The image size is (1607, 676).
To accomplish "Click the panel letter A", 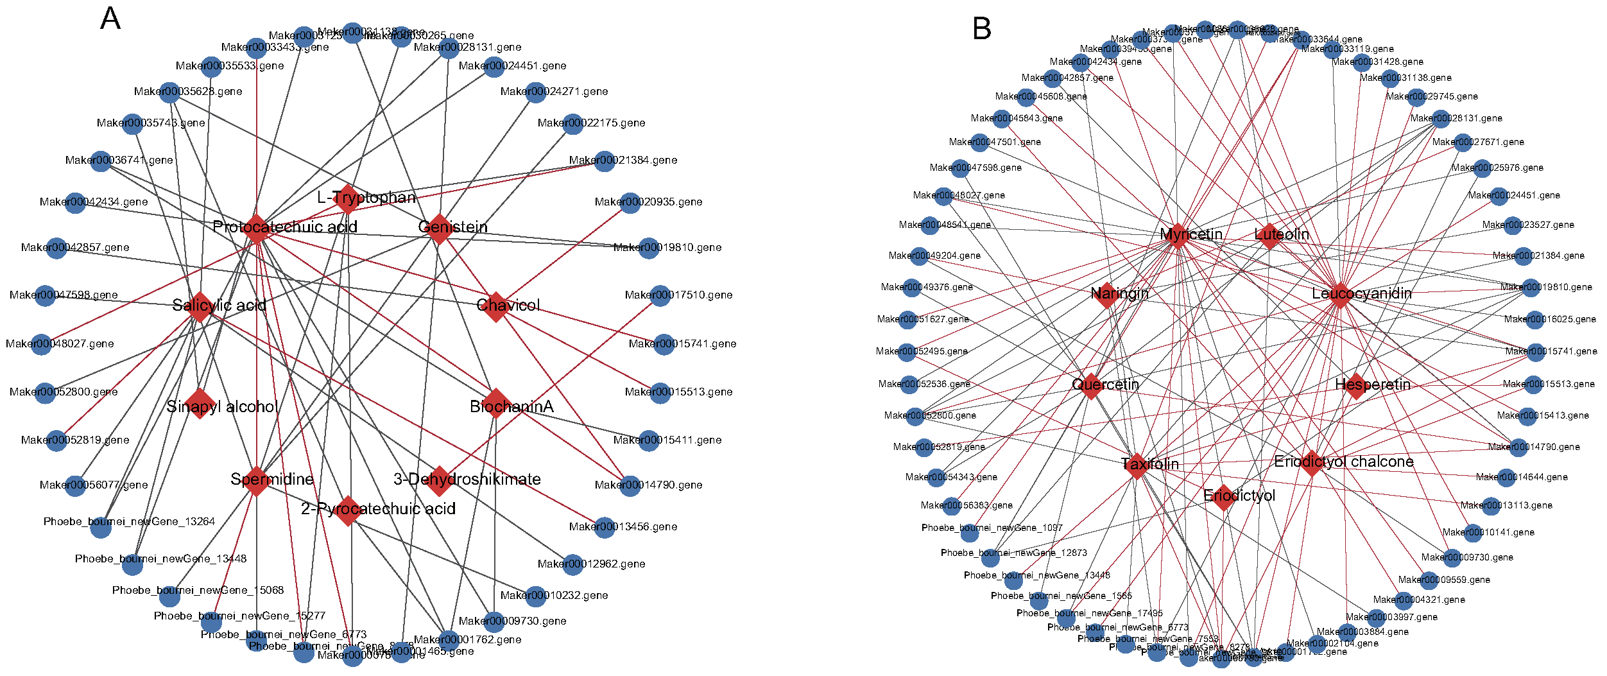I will coord(110,19).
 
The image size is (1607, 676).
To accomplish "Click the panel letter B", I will coord(982,29).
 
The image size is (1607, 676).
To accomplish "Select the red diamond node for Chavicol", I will coord(495,306).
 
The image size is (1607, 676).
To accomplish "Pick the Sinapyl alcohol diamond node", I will coord(200,403).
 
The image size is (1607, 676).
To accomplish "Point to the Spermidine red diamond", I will coord(256,481).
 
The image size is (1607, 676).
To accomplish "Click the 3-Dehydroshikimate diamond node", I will coord(439,481).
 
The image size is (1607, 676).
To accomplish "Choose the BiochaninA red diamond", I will coord(495,403).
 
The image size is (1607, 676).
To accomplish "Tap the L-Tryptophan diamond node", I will coord(347,198).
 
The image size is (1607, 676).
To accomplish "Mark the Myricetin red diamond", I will coord(1177,236).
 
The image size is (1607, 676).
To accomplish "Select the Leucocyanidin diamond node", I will coord(1340,295).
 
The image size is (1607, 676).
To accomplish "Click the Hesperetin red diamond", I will coord(1355,386).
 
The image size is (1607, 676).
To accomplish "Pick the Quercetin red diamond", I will coord(1091,386).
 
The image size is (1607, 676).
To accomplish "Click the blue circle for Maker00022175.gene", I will coord(573,124).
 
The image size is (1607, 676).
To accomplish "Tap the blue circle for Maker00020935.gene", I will coord(630,204).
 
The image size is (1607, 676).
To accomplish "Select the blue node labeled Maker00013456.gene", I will coord(605,528).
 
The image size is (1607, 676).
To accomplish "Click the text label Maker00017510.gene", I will coord(678,295).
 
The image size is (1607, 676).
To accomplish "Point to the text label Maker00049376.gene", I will coord(927,287).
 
